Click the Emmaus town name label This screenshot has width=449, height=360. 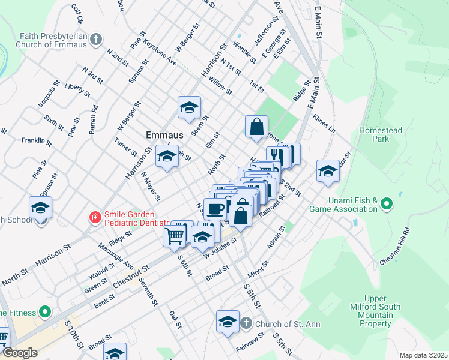(x=165, y=135)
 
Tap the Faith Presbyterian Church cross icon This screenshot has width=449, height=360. (x=96, y=41)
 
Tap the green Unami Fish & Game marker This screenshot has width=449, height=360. (x=387, y=205)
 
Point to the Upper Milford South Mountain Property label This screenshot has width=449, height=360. (x=382, y=311)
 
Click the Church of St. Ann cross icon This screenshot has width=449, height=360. (x=246, y=324)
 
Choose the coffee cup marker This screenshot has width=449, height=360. (x=214, y=209)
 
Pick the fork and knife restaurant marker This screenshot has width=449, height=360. (x=277, y=155)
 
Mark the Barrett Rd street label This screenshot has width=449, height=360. (x=94, y=118)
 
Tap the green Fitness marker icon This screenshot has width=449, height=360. (x=44, y=312)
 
